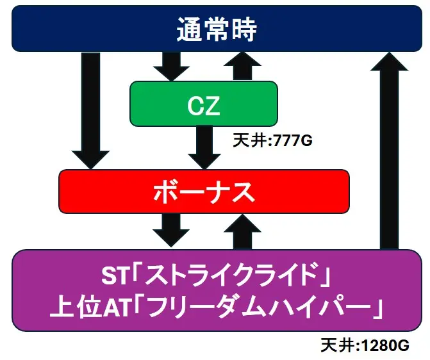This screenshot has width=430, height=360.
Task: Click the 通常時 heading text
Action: (217, 29)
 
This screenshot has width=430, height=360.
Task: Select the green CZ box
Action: (204, 104)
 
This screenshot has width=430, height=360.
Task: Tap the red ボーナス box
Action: (204, 192)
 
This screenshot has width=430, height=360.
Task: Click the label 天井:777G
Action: (272, 140)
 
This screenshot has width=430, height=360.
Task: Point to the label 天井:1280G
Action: (365, 345)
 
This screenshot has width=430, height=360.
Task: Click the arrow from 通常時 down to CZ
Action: (171, 67)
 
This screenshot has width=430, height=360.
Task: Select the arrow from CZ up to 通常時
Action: (242, 66)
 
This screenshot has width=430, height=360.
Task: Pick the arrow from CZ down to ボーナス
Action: (204, 147)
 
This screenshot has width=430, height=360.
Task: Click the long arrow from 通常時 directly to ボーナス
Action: (90, 110)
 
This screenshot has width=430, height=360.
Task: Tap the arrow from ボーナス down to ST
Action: (171, 231)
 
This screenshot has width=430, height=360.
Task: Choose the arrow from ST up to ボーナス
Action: (242, 232)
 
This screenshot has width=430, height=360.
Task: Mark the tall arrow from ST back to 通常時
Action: (389, 151)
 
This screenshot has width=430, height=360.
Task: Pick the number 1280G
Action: (385, 345)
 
